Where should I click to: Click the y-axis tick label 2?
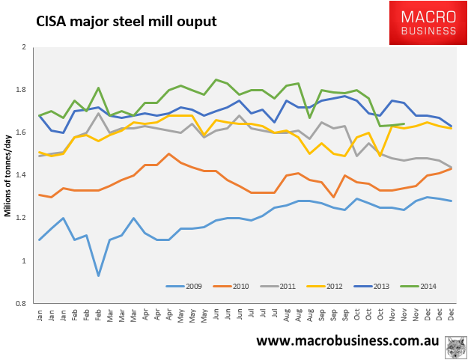(x=24, y=47)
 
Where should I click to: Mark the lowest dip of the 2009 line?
(x=99, y=275)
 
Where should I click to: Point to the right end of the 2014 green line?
(x=404, y=124)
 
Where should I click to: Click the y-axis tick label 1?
(x=24, y=260)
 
